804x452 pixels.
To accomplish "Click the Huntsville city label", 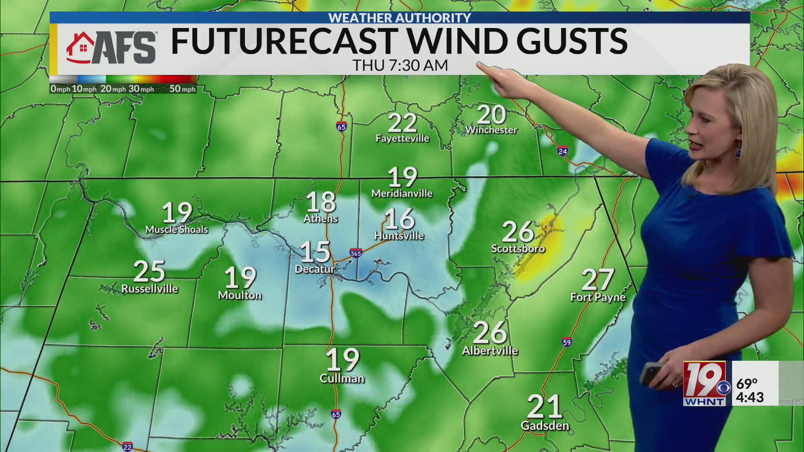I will pyautogui.click(x=399, y=236).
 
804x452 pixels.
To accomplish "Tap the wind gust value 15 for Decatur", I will pyautogui.click(x=315, y=252).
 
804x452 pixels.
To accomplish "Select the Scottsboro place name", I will pyautogui.click(x=518, y=249).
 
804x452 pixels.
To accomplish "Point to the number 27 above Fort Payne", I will pyautogui.click(x=598, y=280).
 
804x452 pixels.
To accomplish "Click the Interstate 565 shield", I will pyautogui.click(x=356, y=253).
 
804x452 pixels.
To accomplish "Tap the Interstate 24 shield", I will pyautogui.click(x=563, y=151).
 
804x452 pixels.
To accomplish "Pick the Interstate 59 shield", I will pyautogui.click(x=567, y=342).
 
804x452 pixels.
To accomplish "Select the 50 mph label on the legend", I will pyautogui.click(x=182, y=89).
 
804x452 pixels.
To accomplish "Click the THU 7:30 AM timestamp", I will pyautogui.click(x=400, y=66).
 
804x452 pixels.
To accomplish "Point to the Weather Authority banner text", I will pyautogui.click(x=399, y=18).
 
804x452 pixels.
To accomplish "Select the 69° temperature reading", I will pyautogui.click(x=747, y=383).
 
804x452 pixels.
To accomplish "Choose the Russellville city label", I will pyautogui.click(x=149, y=289).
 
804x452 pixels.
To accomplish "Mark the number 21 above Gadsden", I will pyautogui.click(x=544, y=406).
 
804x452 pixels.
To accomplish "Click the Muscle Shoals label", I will pyautogui.click(x=176, y=229).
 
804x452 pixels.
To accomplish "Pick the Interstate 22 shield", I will pyautogui.click(x=127, y=447).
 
